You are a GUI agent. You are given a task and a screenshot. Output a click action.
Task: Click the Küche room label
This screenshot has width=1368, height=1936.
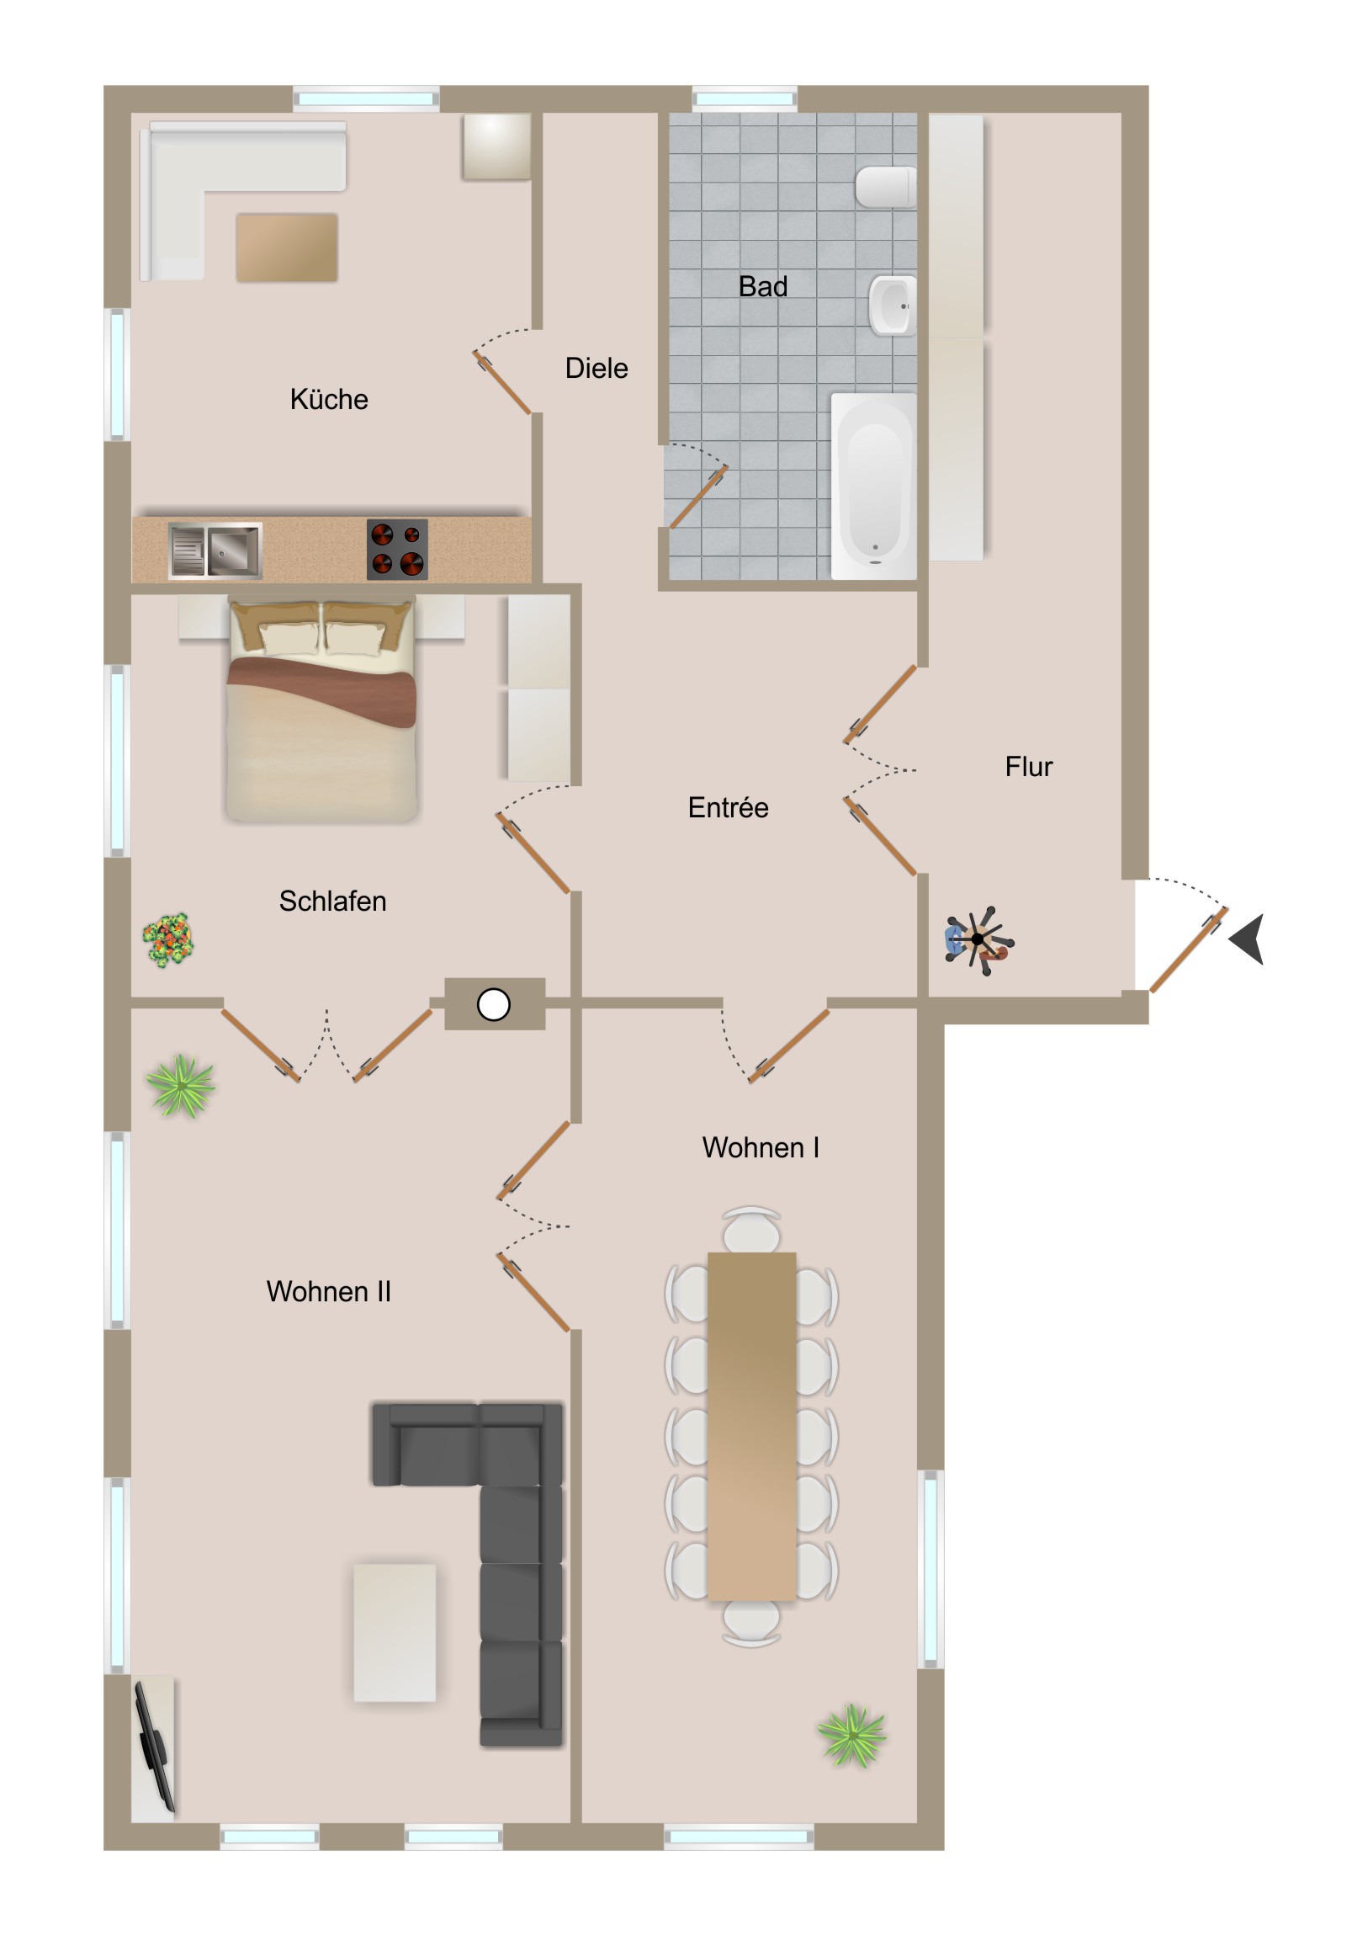pos(329,399)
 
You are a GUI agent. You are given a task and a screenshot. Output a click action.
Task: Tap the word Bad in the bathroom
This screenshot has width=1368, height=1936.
pos(763,287)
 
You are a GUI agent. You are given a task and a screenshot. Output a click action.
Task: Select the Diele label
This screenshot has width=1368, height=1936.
pos(597,369)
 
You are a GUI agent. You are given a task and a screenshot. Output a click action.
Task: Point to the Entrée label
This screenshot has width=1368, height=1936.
pos(729,808)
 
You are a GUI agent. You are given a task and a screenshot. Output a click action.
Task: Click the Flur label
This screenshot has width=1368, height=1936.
pos(1028,767)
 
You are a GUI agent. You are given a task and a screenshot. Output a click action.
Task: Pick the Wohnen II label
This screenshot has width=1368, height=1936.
pos(329,1292)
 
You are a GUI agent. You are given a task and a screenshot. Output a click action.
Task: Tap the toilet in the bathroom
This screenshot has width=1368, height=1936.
pos(886,186)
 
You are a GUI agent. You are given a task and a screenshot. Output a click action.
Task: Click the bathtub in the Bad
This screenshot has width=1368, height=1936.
pos(874,487)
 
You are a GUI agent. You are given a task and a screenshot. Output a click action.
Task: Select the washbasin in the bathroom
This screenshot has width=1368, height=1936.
pos(893,306)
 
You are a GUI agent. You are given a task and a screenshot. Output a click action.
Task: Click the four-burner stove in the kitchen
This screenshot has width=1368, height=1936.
pos(397,550)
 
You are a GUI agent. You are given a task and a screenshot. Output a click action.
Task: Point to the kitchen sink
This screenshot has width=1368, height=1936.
pos(215,550)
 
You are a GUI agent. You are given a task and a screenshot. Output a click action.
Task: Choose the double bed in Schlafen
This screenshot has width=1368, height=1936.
pos(321,710)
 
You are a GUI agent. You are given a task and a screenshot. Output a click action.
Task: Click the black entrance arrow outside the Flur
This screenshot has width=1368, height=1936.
pos(1248,939)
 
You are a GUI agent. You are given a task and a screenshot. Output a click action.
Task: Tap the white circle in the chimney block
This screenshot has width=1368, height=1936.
pos(494,1004)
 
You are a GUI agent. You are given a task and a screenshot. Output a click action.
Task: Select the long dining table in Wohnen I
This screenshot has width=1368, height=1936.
pos(752,1427)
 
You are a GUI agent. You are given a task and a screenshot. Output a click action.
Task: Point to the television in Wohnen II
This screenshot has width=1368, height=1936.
pos(154,1746)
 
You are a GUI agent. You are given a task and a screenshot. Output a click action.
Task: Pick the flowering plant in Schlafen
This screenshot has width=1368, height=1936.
pos(167,939)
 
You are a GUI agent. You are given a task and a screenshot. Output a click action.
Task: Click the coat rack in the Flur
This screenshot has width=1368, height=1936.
pos(978,939)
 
